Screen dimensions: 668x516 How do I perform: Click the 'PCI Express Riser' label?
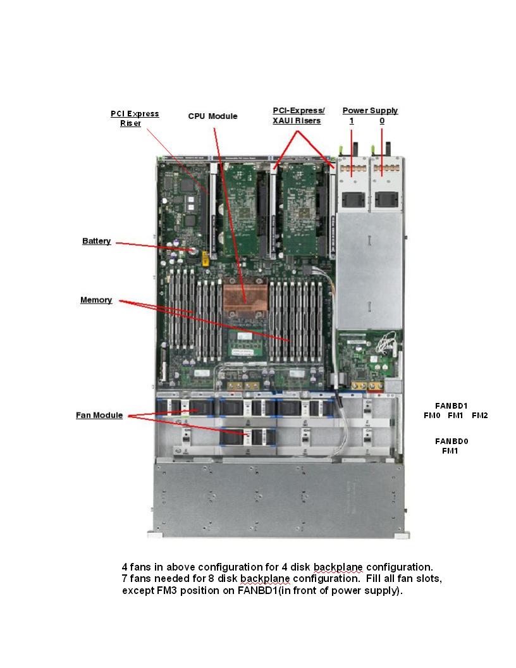(135, 118)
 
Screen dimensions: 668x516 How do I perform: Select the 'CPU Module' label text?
(213, 116)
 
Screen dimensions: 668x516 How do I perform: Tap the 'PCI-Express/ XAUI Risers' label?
(298, 116)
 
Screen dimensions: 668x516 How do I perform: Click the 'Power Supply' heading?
(370, 111)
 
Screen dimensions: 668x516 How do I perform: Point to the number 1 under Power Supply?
(351, 120)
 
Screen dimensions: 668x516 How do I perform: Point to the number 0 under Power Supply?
(382, 120)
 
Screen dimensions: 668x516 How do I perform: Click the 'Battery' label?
(96, 241)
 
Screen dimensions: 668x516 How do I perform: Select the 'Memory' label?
(96, 300)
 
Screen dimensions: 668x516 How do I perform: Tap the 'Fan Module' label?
(99, 416)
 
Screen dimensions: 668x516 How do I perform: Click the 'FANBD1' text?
(451, 405)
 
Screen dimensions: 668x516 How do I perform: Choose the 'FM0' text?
(432, 416)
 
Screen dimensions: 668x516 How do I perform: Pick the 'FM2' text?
(480, 416)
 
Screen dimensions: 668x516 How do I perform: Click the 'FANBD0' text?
(451, 441)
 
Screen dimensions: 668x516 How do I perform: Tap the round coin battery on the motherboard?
(188, 249)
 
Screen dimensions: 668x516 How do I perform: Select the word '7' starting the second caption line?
(125, 579)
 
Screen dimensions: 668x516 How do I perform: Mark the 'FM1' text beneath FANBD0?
(450, 451)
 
